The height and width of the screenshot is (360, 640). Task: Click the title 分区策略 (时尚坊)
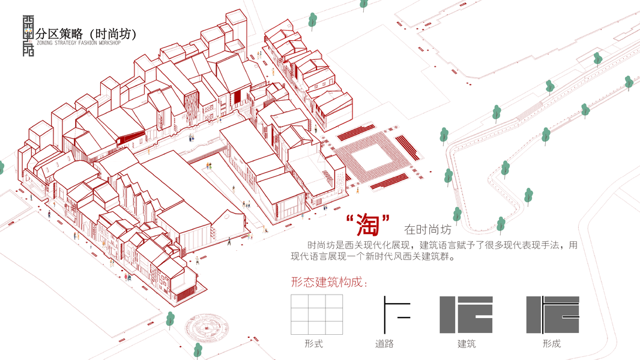pyautogui.click(x=86, y=34)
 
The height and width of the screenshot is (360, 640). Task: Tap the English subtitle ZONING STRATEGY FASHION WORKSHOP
pyautogui.click(x=78, y=43)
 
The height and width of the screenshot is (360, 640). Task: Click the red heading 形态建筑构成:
pyautogui.click(x=328, y=282)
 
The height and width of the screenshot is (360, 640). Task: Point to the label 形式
pyautogui.click(x=313, y=344)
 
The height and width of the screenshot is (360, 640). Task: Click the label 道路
pyautogui.click(x=384, y=344)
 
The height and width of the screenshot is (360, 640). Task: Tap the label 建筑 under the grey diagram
pyautogui.click(x=466, y=344)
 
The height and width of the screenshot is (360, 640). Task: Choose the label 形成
pyautogui.click(x=551, y=344)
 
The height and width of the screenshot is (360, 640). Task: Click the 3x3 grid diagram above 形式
pyautogui.click(x=316, y=314)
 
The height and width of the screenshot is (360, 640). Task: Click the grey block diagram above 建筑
pyautogui.click(x=466, y=315)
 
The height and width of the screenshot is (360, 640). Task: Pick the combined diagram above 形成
pyautogui.click(x=552, y=315)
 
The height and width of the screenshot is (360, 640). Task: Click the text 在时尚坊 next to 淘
pyautogui.click(x=427, y=229)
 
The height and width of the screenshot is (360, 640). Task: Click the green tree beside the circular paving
pyautogui.click(x=170, y=320)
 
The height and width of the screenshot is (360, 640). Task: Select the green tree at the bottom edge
pyautogui.click(x=198, y=350)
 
